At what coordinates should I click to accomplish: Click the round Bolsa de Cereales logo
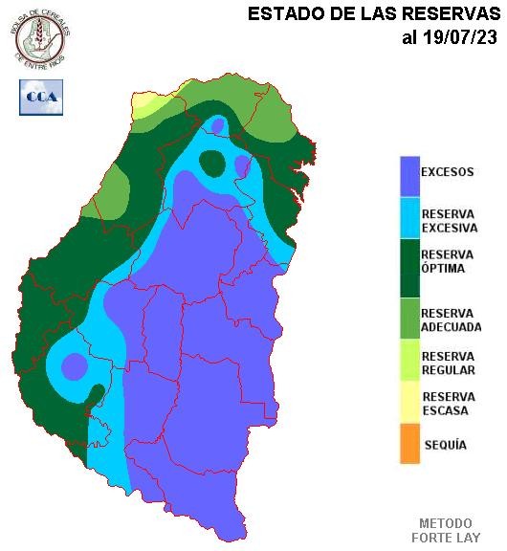click(x=38, y=37)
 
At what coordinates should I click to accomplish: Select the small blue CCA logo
click(x=41, y=97)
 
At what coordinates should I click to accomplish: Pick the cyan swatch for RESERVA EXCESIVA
click(x=409, y=217)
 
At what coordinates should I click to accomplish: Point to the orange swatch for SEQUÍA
click(x=409, y=445)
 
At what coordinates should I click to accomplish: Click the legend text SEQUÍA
click(x=444, y=445)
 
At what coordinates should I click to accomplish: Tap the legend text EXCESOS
click(x=448, y=172)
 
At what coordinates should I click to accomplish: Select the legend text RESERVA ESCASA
click(x=449, y=404)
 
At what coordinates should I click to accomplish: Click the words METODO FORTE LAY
click(x=446, y=530)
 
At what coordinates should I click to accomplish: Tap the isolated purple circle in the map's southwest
click(x=74, y=366)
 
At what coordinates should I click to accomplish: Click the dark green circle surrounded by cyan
click(x=212, y=163)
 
